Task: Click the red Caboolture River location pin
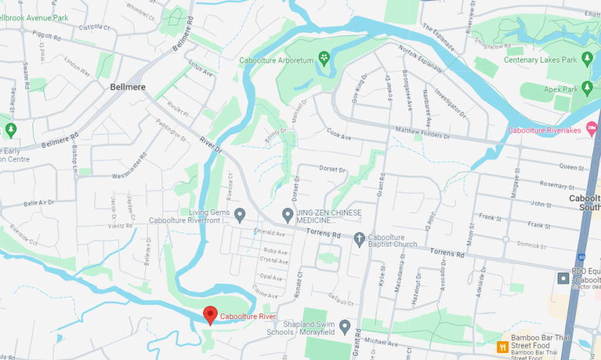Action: pyautogui.click(x=210, y=315)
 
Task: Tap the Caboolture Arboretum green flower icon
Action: pyautogui.click(x=323, y=58)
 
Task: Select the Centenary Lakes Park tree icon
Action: pyautogui.click(x=586, y=58)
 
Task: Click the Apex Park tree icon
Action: pyautogui.click(x=586, y=89)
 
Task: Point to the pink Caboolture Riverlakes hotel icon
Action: pyautogui.click(x=592, y=127)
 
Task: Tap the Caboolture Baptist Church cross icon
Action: pyautogui.click(x=359, y=238)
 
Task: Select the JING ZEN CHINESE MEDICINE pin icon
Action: pyautogui.click(x=288, y=214)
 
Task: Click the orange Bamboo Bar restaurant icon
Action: pyautogui.click(x=502, y=346)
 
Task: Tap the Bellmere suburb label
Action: pyautogui.click(x=127, y=87)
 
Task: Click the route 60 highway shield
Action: pyautogui.click(x=580, y=257)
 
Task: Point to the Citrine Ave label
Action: pyautogui.click(x=265, y=291)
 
